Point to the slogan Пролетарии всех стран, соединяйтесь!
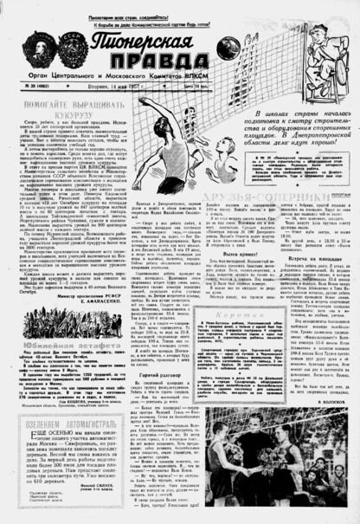click(x=180, y=4)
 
